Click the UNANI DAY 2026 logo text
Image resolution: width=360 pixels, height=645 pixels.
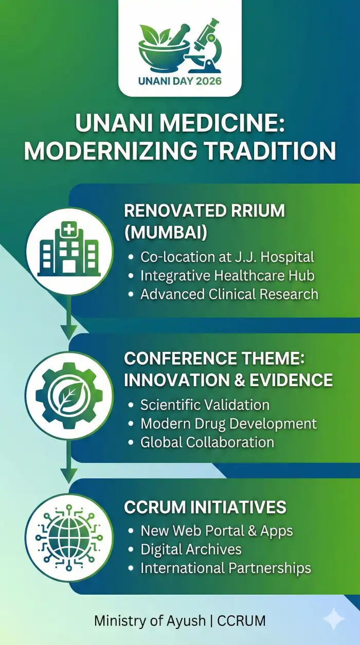[180, 81]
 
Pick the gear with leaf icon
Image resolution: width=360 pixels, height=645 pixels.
[69, 396]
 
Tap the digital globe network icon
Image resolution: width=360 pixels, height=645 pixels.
[69, 537]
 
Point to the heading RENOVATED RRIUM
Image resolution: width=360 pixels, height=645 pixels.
[204, 211]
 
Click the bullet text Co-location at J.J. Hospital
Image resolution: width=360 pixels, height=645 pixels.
[227, 257]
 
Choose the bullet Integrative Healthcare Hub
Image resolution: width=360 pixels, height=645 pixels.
[227, 275]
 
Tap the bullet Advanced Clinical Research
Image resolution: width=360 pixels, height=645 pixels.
[229, 294]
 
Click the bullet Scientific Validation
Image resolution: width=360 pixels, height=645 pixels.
[205, 405]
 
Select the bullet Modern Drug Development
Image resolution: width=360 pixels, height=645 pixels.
[228, 423]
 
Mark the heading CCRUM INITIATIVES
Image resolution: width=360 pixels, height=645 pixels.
[205, 507]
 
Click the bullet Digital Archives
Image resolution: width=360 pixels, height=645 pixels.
[191, 549]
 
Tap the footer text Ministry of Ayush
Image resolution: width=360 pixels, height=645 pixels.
[150, 621]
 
